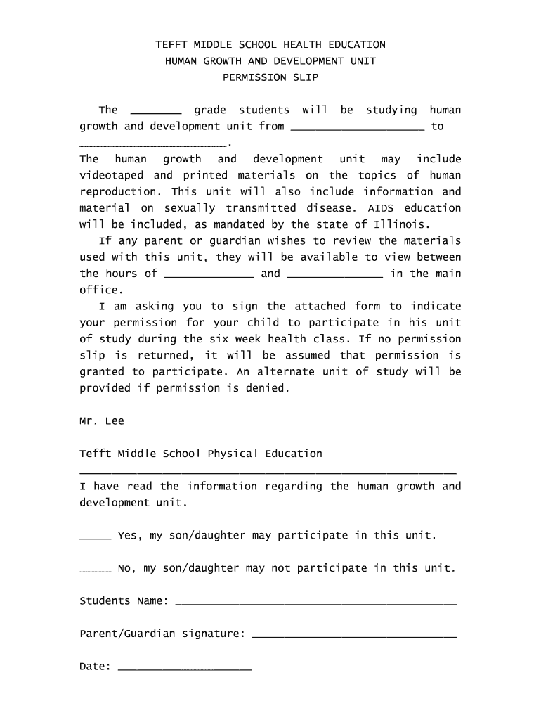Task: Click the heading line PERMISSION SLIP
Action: [270, 77]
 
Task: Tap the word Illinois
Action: [398, 224]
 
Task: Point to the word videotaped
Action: [109, 175]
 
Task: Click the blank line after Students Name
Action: [315, 603]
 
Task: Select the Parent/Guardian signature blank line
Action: [354, 636]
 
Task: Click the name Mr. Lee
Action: [102, 421]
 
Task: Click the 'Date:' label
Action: [96, 667]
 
